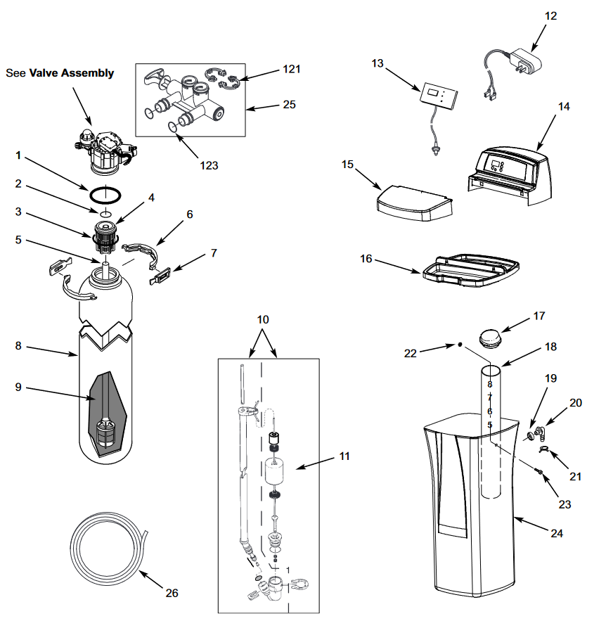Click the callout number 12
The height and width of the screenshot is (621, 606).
coord(550,16)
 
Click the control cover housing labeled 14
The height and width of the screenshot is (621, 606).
coord(508,172)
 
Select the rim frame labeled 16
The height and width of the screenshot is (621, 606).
coord(470,270)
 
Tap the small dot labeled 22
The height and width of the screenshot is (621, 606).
coord(458,345)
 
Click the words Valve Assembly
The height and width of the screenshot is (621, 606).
coord(71,73)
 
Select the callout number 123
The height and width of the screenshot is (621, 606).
coord(208,166)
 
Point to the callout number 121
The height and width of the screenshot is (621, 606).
coord(291,69)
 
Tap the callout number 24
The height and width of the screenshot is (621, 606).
coord(556,534)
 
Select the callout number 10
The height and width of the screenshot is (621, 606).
coord(262,319)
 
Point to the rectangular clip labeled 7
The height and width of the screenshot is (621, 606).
coord(160,278)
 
